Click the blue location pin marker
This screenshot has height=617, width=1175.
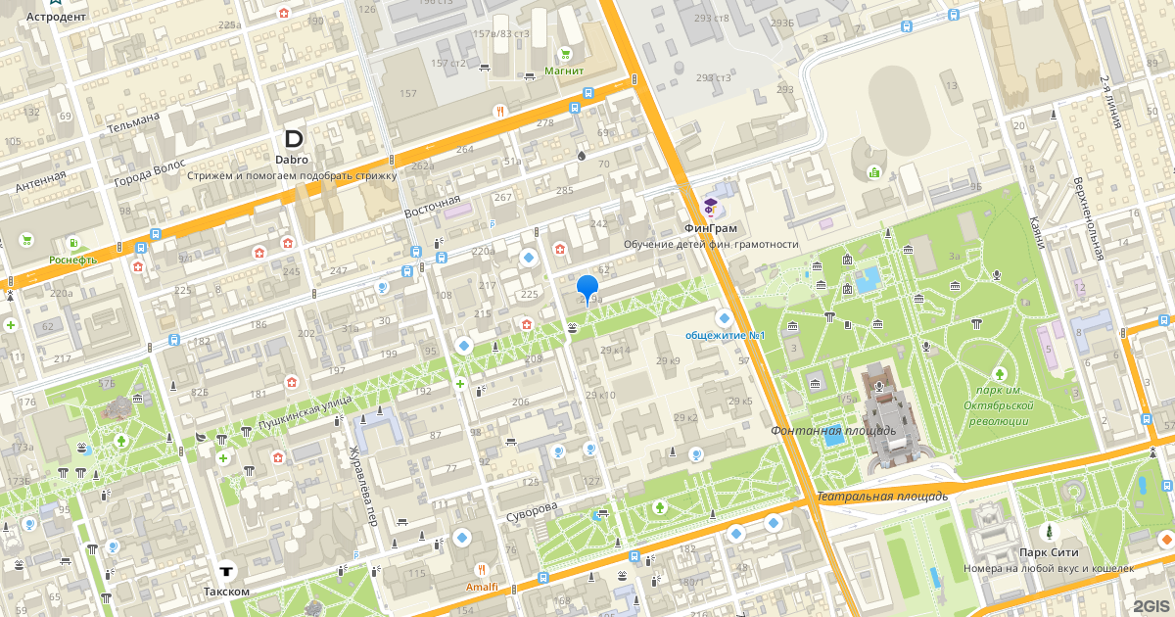click(587, 289)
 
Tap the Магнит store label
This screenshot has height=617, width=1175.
click(564, 71)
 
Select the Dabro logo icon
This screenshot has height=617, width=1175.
click(293, 139)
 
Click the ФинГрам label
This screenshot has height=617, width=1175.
click(711, 228)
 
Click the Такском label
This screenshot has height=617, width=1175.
click(226, 591)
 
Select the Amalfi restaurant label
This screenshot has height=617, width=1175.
click(481, 586)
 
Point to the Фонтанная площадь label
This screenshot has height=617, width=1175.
click(832, 430)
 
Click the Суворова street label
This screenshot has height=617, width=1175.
click(532, 509)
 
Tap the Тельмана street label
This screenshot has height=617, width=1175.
click(133, 124)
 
